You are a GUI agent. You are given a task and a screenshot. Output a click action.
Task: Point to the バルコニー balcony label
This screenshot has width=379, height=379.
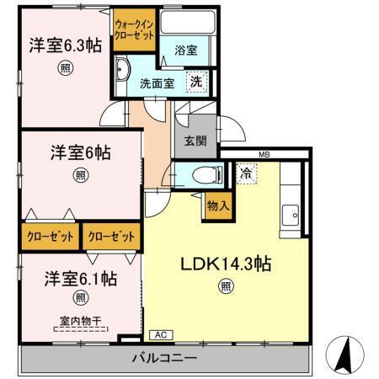164,358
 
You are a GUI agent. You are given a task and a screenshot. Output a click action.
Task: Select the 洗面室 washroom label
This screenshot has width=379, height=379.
157,83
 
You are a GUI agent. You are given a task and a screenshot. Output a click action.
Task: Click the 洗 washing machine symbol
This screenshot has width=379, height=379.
195,83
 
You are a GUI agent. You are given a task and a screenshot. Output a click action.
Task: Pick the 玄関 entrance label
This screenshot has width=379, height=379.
195,141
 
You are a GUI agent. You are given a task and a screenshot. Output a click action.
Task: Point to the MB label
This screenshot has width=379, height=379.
264,154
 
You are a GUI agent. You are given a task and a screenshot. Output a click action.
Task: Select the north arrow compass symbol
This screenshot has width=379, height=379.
346,354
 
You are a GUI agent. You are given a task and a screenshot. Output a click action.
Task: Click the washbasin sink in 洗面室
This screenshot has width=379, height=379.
121,68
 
